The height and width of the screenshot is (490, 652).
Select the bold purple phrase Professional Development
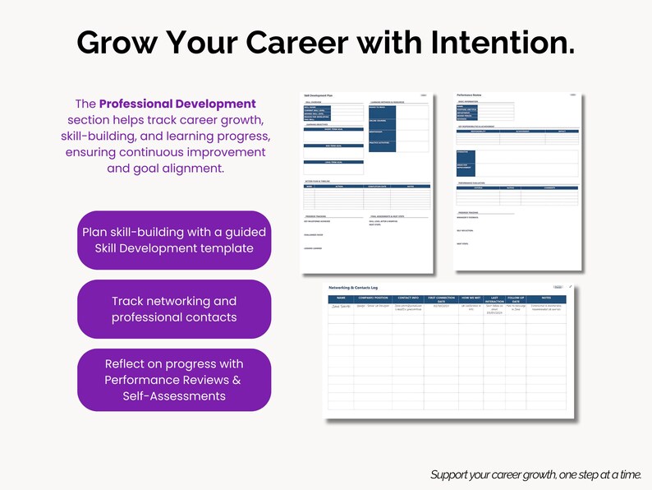[177, 104]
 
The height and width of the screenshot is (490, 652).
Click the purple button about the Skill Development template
[173, 239]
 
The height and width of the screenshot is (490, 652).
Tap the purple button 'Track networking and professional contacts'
[173, 309]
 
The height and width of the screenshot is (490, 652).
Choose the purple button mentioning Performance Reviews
[173, 379]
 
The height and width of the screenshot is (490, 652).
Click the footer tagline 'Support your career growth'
[540, 475]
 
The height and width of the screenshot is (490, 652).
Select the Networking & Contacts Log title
[354, 288]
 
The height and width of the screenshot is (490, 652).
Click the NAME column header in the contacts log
[341, 298]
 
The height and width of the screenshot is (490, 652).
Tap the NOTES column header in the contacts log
[547, 298]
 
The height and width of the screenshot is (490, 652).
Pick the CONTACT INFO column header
[408, 298]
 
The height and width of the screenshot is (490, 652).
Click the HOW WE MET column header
[471, 298]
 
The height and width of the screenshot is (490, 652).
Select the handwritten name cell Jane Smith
[341, 306]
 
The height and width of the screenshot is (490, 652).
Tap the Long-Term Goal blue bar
[333, 162]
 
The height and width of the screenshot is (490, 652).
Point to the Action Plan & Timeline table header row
[366, 186]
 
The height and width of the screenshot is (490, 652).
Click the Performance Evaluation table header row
[517, 188]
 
